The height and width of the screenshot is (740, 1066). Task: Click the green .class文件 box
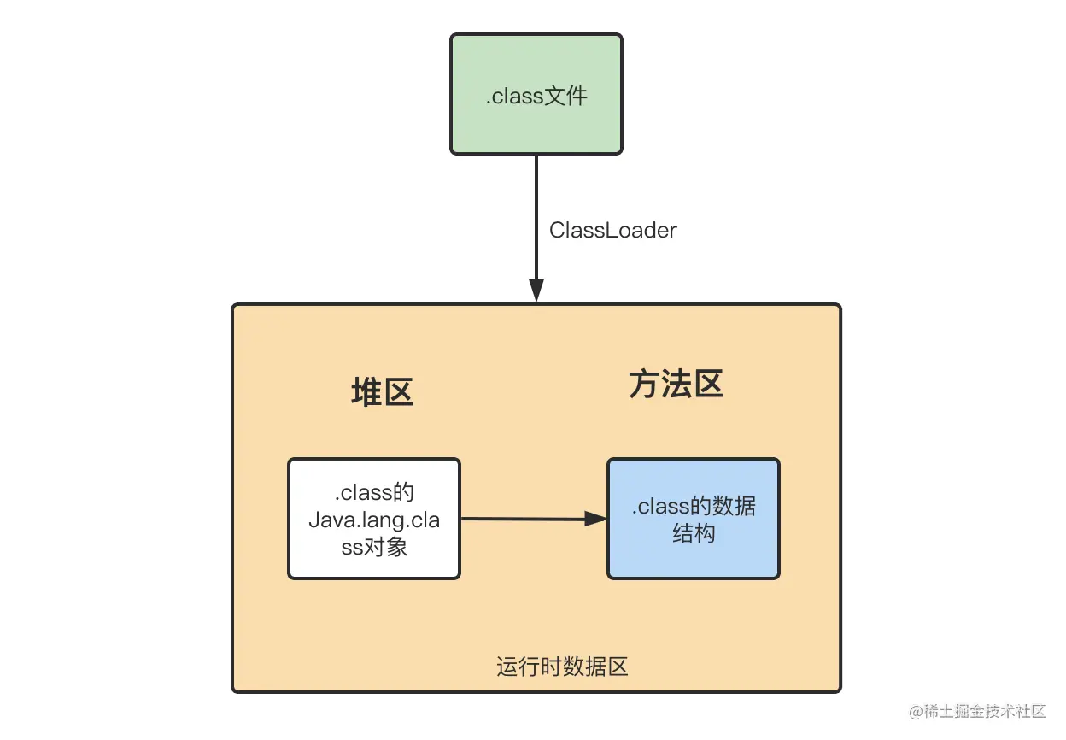click(x=536, y=94)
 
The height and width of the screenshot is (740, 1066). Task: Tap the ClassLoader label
click(x=612, y=230)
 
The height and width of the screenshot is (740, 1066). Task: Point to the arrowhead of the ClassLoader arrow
click(x=536, y=290)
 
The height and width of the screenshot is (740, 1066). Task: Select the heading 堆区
click(x=382, y=392)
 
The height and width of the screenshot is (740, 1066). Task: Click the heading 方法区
click(x=676, y=385)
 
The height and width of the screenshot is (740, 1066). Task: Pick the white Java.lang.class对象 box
click(x=374, y=519)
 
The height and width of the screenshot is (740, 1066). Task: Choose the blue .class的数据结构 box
click(x=693, y=519)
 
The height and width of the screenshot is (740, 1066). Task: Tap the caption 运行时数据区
click(x=562, y=667)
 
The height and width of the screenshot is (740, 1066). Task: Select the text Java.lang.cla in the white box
click(x=374, y=520)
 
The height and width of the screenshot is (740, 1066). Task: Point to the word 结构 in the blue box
click(x=694, y=534)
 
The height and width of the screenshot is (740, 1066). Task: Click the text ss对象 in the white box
click(x=374, y=547)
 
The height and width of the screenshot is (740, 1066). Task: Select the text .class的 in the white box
click(x=374, y=493)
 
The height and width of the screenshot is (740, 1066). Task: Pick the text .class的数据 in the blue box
click(x=694, y=506)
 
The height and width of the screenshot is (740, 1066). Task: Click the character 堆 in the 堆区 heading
click(x=366, y=392)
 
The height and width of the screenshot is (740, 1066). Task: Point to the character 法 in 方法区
click(x=676, y=385)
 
